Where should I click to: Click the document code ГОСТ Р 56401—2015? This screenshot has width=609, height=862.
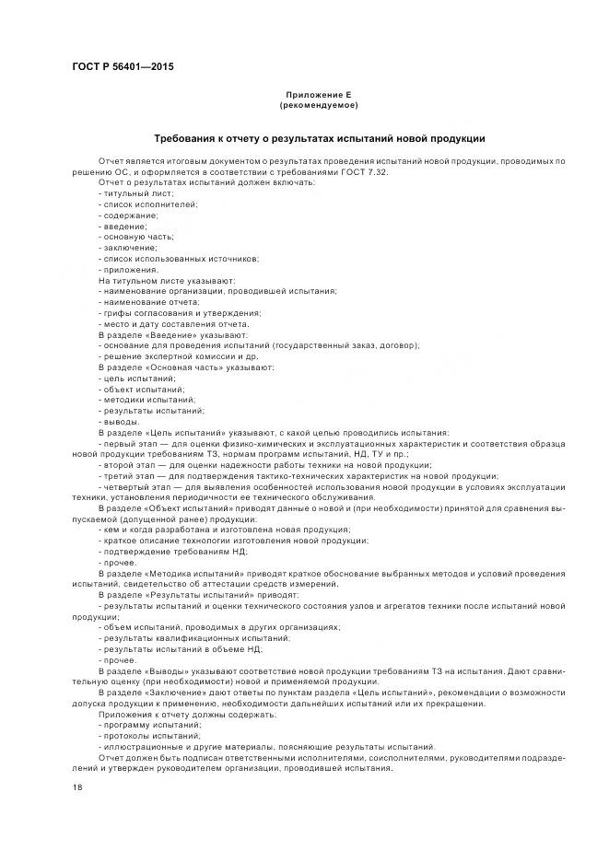pyautogui.click(x=123, y=67)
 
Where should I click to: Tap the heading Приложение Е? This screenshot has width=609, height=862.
pyautogui.click(x=318, y=95)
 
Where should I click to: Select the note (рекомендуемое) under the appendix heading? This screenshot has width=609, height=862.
pyautogui.click(x=318, y=106)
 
